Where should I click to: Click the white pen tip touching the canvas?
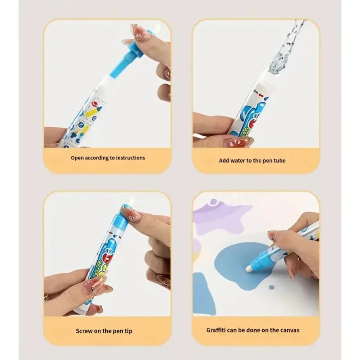coord(249,267)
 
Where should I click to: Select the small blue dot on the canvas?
coord(272,287)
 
